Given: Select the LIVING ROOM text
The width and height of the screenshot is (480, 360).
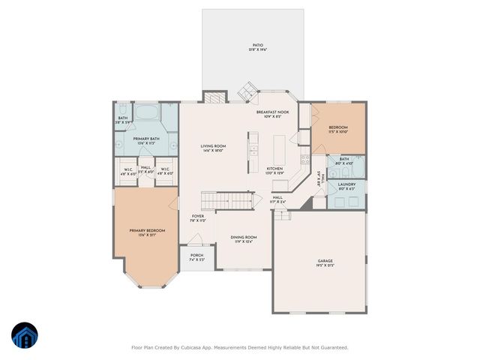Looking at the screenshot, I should pos(213,148).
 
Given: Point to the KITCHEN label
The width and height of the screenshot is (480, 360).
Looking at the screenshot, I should pos(275,170).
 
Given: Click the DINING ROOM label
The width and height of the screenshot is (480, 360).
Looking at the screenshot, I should pos(243,239).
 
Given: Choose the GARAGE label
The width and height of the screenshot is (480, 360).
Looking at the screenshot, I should pos(325,263).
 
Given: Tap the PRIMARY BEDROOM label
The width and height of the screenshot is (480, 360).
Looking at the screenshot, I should pos(145,232).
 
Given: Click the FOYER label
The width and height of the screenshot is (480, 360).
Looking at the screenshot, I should pos(196,218).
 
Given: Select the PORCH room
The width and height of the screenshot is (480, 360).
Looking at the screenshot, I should pos(196,257).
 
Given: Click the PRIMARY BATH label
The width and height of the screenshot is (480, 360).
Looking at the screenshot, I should pos(146,140).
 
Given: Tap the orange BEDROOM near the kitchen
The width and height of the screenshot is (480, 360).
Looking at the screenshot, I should pos(339,128).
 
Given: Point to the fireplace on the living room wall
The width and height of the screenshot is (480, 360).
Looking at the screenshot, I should pos(215,97).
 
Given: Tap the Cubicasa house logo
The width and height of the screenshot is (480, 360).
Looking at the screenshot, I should pos(24,337).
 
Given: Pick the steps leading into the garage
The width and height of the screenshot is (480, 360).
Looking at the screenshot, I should pos(281,215).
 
